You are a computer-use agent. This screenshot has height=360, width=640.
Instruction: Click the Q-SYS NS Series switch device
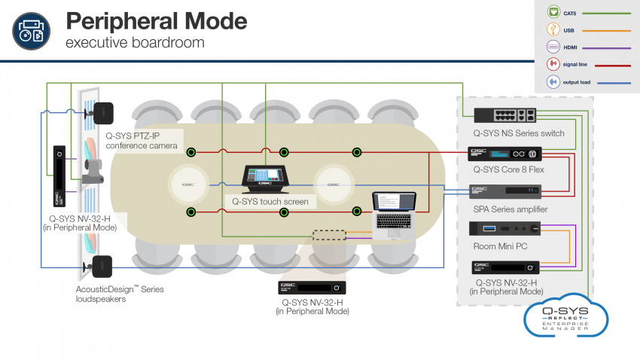pos(504,114)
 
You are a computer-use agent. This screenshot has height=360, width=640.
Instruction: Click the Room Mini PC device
pos(504,227)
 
